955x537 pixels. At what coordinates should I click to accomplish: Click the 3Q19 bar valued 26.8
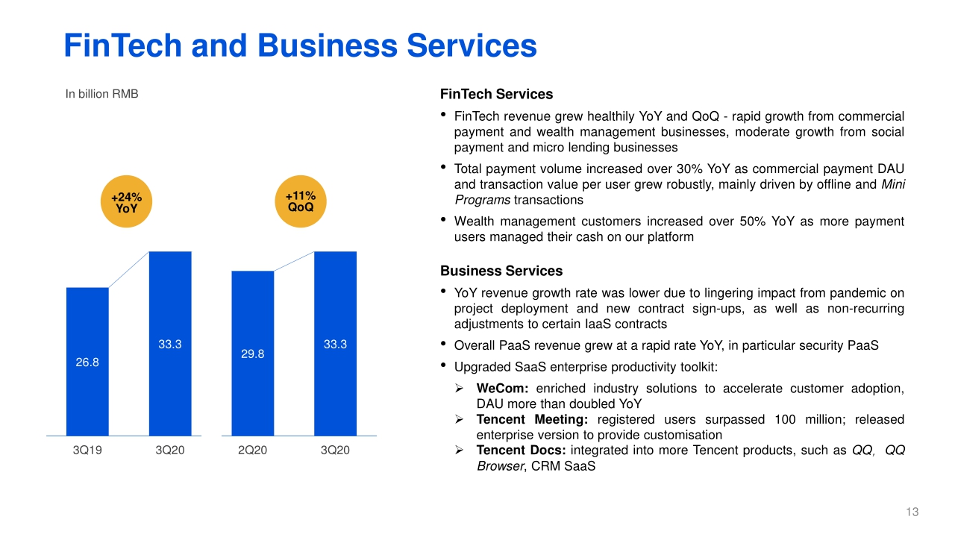click(x=87, y=362)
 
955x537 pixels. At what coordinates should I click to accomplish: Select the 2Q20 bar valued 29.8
click(x=252, y=354)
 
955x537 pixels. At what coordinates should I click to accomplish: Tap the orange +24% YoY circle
click(x=126, y=201)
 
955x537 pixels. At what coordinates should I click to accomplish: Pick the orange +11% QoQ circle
click(x=301, y=201)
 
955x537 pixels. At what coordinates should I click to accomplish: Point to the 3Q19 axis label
click(x=87, y=450)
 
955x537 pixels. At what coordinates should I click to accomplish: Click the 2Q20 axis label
click(x=252, y=450)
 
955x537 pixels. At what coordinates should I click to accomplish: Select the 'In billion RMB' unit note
click(x=102, y=94)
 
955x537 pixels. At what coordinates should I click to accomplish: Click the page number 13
click(x=912, y=512)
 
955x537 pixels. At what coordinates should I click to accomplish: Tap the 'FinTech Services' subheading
click(x=496, y=94)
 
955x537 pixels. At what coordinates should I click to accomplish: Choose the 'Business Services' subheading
click(x=501, y=271)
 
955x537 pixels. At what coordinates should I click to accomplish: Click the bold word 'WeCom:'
click(x=502, y=389)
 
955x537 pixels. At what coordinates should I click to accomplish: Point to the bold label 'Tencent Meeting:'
click(x=532, y=420)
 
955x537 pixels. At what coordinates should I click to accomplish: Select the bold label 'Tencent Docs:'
click(x=521, y=450)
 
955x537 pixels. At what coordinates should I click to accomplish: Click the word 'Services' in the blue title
click(x=472, y=45)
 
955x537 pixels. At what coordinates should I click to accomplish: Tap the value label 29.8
click(x=252, y=354)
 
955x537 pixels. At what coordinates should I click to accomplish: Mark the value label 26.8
click(x=87, y=362)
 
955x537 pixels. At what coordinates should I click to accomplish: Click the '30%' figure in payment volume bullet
click(x=689, y=169)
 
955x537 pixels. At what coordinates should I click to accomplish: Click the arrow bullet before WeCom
click(x=459, y=389)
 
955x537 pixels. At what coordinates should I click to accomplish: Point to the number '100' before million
click(x=785, y=419)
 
